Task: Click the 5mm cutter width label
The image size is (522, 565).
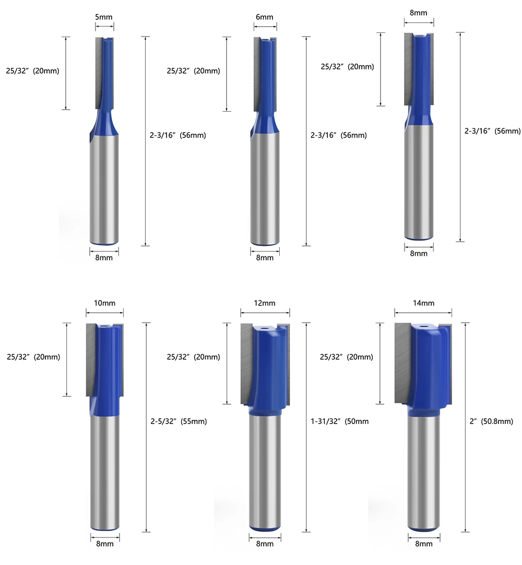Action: click(104, 17)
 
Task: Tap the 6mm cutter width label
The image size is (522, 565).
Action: click(265, 17)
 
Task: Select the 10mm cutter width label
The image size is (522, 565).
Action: click(104, 303)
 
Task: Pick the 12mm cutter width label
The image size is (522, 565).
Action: click(265, 303)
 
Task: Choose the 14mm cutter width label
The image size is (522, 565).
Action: click(423, 303)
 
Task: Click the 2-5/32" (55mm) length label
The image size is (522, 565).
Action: click(179, 421)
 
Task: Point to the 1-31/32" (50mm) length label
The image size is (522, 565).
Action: click(340, 421)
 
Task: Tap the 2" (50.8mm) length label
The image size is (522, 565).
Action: click(491, 421)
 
